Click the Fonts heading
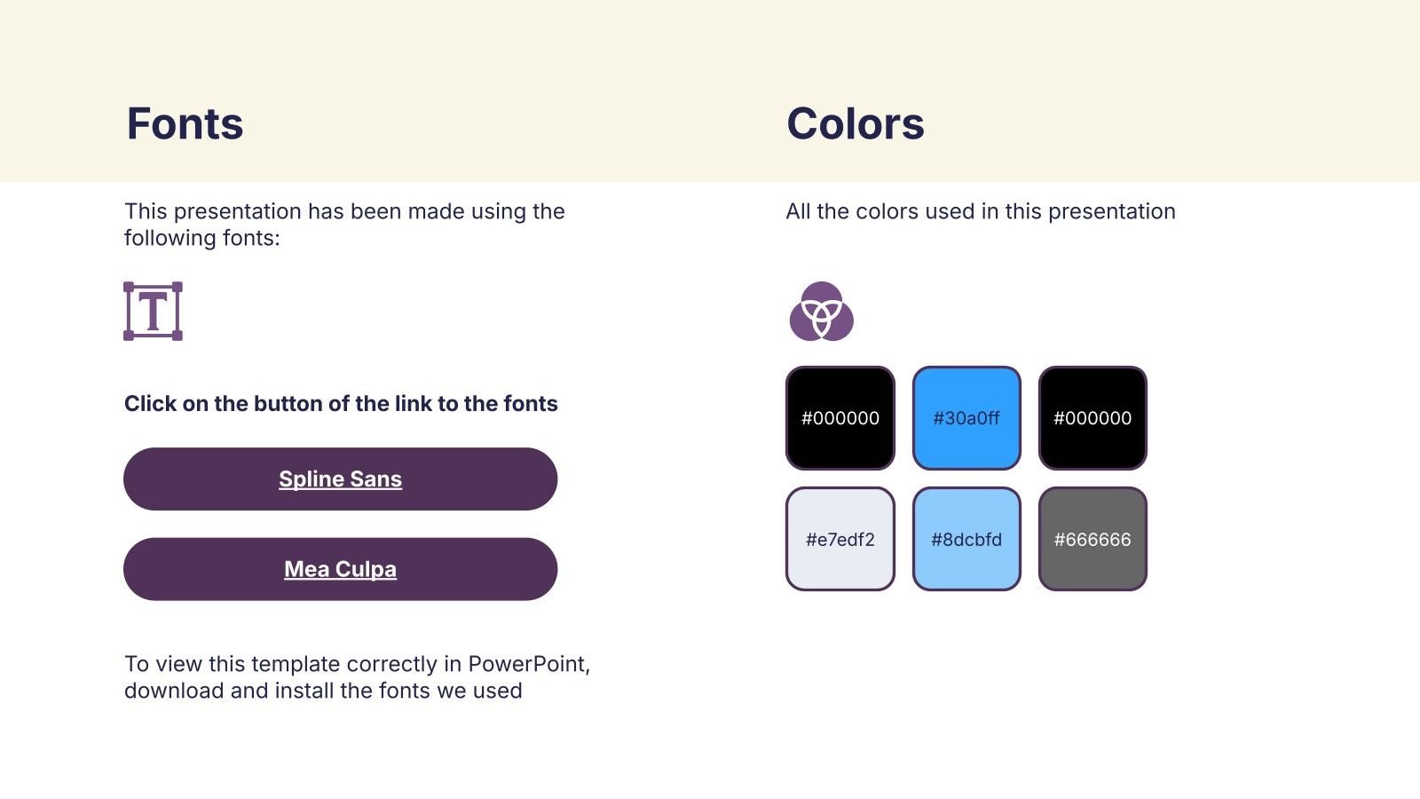pos(185,123)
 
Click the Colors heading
pos(856,123)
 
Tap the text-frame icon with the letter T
pos(153,312)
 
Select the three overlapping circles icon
pos(822,312)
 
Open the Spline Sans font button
pos(341,479)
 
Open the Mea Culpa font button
pos(341,569)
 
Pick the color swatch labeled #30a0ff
pos(966,418)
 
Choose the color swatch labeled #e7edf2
pos(840,539)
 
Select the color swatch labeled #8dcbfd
pos(966,539)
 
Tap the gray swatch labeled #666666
pos(1093,539)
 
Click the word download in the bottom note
pos(174,691)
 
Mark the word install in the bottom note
pos(304,691)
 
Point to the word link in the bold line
pos(412,403)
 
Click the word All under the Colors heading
pos(798,211)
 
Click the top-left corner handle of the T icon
pos(129,288)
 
